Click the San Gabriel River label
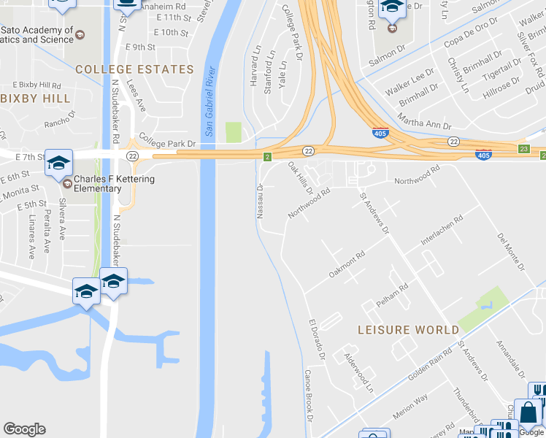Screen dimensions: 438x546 pos(209,103)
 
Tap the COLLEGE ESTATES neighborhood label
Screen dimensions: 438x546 pos(134,70)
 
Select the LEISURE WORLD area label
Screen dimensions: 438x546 pos(408,330)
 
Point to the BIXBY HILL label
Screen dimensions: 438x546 pos(36,99)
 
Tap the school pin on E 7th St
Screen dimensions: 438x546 pos(58,163)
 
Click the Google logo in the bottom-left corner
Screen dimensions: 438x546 pos(24,429)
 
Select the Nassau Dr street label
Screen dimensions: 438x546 pos(260,199)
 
